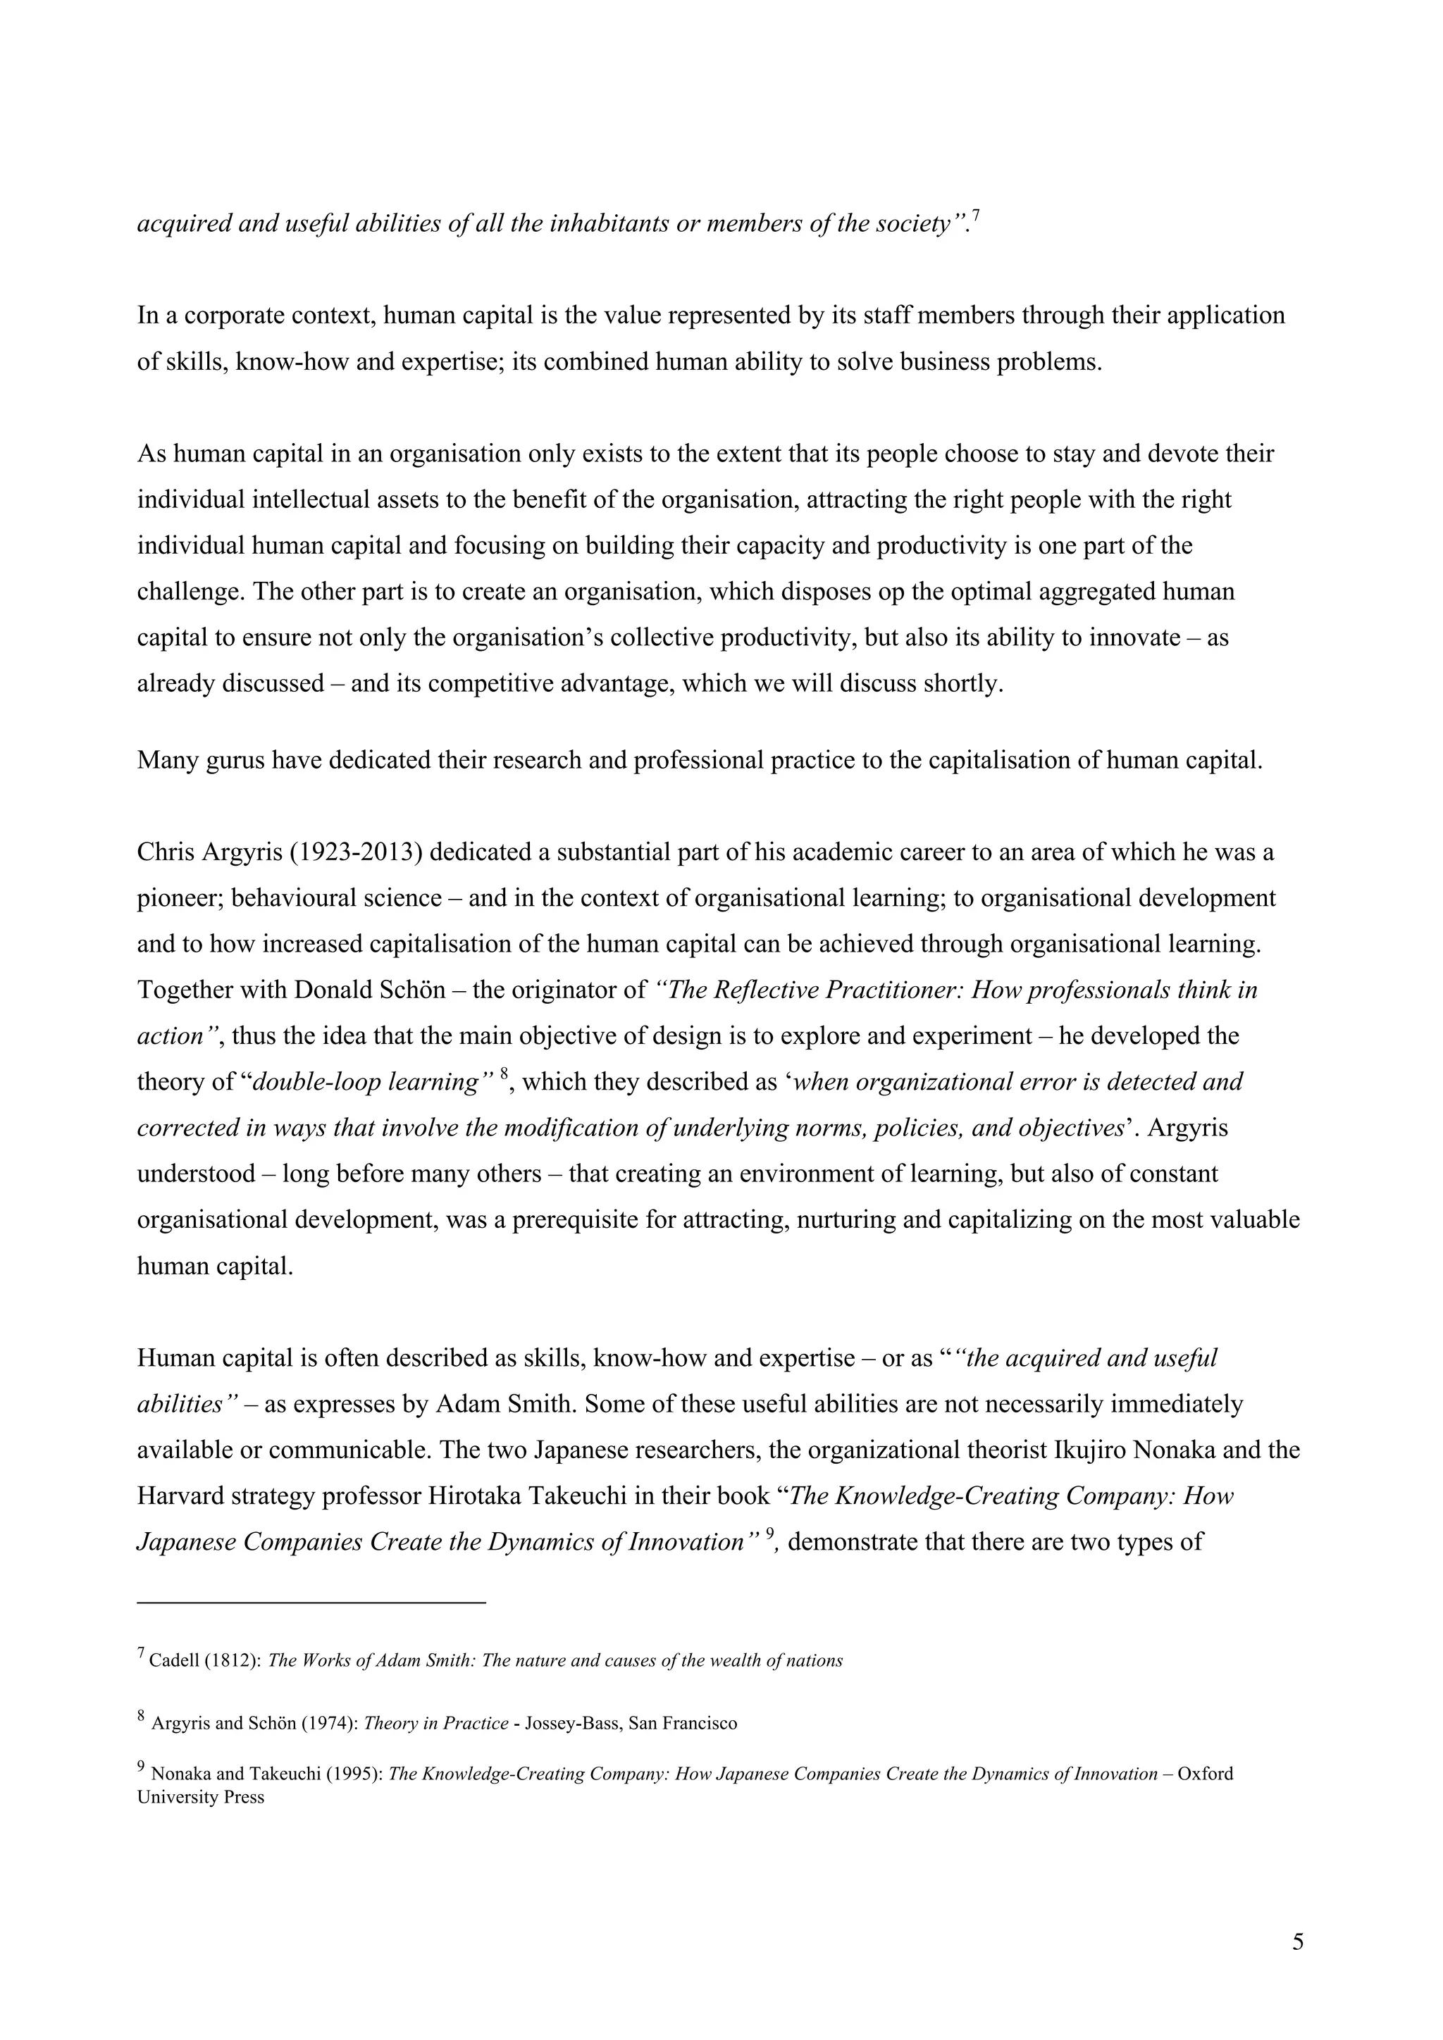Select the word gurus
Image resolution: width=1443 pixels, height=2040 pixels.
(235, 761)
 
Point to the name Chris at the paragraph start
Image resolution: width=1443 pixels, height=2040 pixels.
(160, 852)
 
